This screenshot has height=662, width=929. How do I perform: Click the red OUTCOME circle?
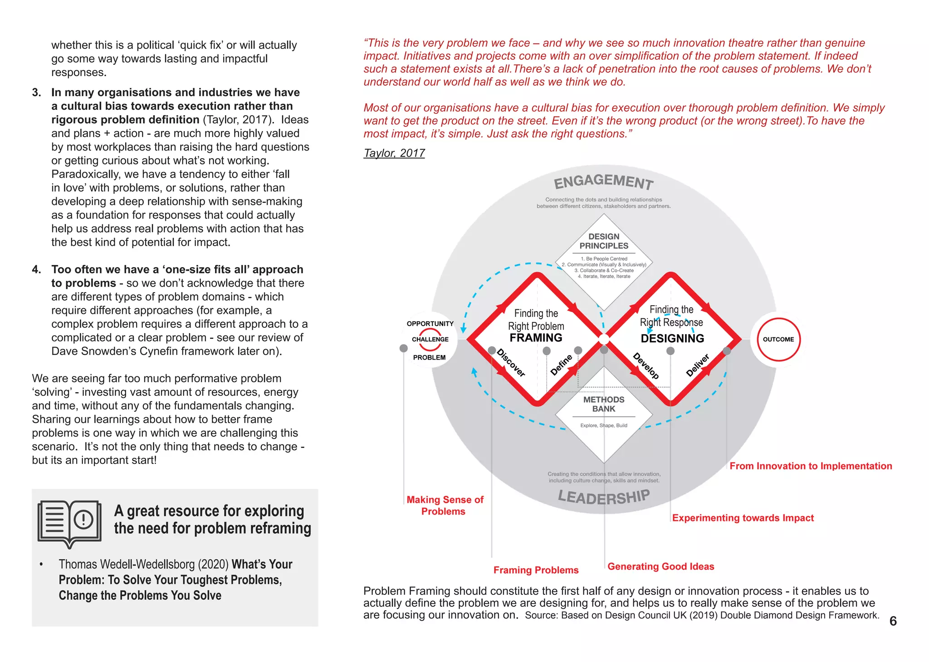point(778,339)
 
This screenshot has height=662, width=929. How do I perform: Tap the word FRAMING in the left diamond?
point(536,338)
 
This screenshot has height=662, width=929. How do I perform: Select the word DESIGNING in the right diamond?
point(672,339)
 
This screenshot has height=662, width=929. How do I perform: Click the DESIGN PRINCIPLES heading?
point(604,241)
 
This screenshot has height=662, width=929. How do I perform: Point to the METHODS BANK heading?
point(604,404)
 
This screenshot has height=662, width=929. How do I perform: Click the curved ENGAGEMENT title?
point(604,182)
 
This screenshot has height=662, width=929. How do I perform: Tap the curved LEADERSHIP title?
point(604,497)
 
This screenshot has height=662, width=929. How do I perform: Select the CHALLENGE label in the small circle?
point(430,339)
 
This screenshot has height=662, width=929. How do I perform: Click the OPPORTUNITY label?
point(430,324)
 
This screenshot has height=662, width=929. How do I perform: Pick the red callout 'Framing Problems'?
point(536,570)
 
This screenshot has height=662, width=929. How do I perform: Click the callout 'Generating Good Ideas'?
point(660,566)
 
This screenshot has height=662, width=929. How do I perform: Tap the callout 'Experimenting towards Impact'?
point(743,518)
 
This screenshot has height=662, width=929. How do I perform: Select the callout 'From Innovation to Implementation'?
point(811,466)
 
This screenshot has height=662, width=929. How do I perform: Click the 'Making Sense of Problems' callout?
point(445,506)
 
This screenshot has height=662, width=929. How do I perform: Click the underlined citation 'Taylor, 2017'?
point(394,153)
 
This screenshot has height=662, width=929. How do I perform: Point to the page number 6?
point(893,621)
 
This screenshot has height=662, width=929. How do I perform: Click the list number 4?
point(36,269)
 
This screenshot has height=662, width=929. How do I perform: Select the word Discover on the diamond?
point(511,363)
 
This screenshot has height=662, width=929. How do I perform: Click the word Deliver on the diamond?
point(697,365)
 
